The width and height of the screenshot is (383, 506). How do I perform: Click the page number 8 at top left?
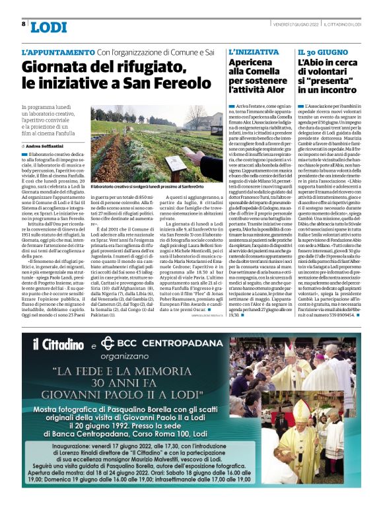click(x=24, y=24)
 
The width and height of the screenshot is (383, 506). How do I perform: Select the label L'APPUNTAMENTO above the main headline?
click(x=58, y=52)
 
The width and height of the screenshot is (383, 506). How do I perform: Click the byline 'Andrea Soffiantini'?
click(x=47, y=145)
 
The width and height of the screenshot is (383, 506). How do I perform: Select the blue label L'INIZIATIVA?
click(x=254, y=52)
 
